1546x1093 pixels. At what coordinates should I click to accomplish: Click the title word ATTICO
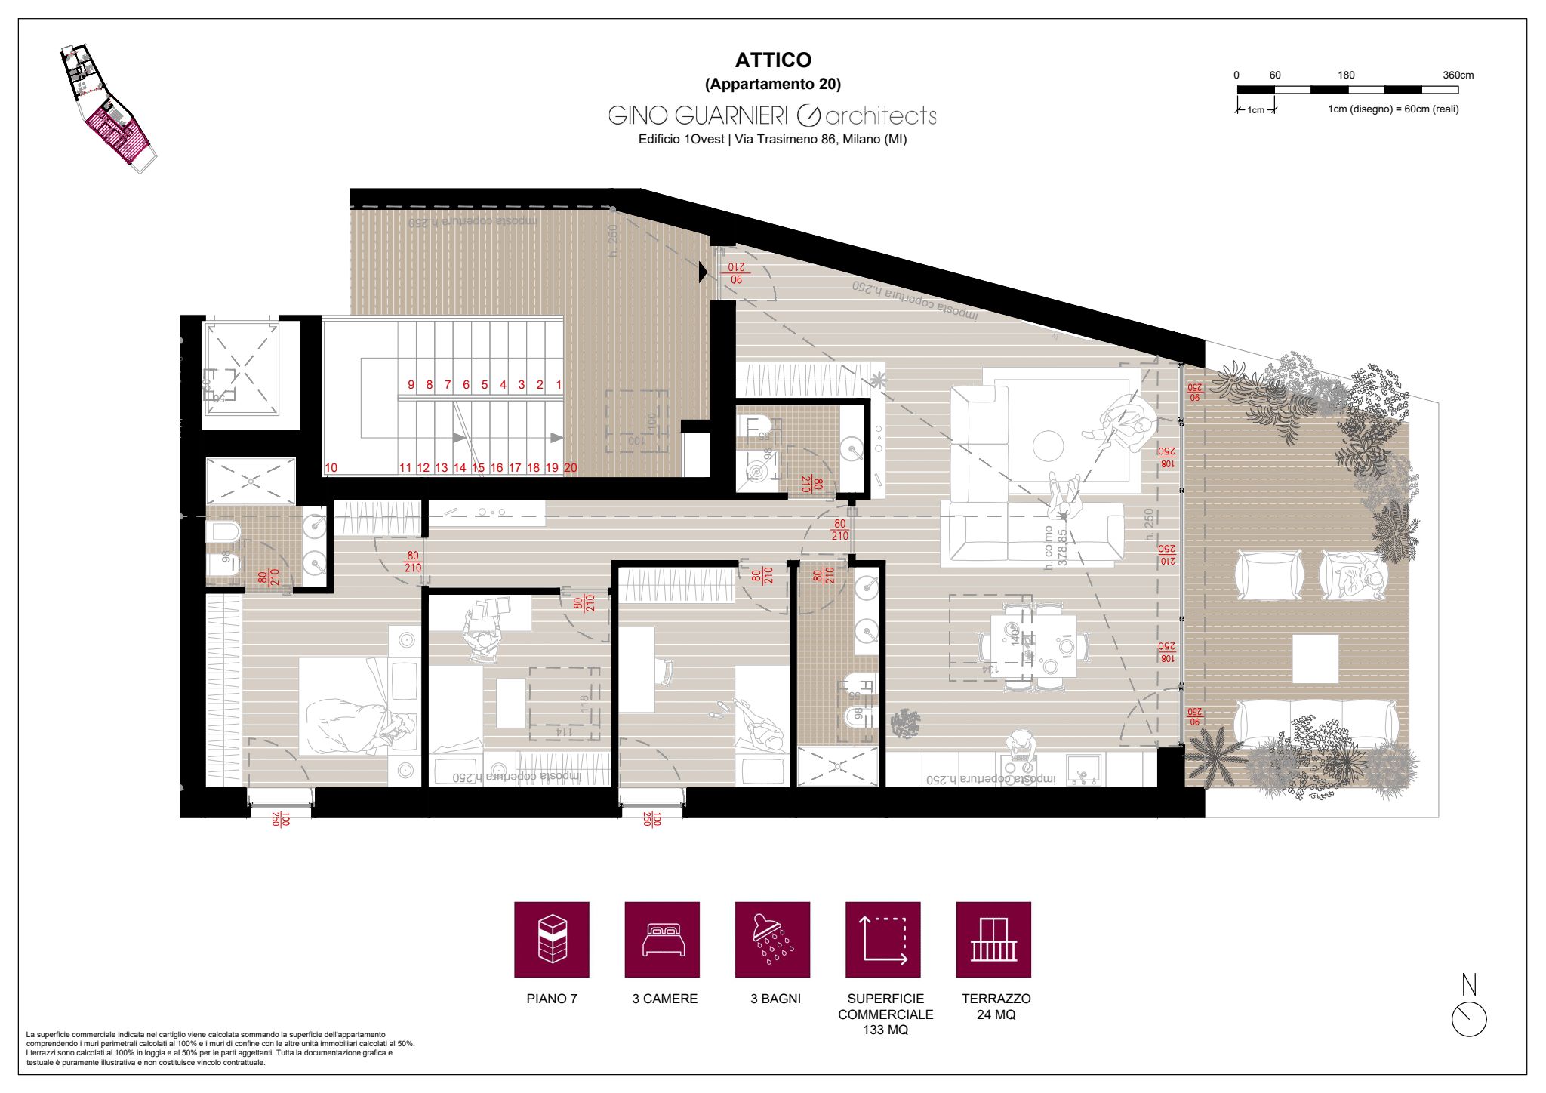click(x=773, y=60)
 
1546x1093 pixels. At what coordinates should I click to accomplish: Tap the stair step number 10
click(x=331, y=468)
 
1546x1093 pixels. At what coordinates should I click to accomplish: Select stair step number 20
click(x=570, y=468)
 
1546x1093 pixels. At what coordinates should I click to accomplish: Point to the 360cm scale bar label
click(x=1458, y=75)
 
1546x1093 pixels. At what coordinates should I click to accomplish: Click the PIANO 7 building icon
click(x=551, y=939)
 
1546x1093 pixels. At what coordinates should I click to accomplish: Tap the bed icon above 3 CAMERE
click(x=662, y=939)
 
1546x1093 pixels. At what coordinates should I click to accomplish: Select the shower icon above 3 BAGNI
click(x=772, y=939)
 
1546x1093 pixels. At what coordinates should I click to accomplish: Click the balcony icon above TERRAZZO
click(x=993, y=939)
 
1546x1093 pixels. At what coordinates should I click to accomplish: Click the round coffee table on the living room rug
click(x=1048, y=445)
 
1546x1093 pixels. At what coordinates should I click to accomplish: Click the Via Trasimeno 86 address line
click(x=772, y=140)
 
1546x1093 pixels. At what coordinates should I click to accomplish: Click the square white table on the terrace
click(x=1315, y=658)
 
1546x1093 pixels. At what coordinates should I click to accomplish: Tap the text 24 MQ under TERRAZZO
click(x=996, y=1015)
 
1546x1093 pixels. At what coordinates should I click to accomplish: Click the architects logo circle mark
click(x=808, y=115)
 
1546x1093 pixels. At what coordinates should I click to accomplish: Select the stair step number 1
click(x=559, y=385)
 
